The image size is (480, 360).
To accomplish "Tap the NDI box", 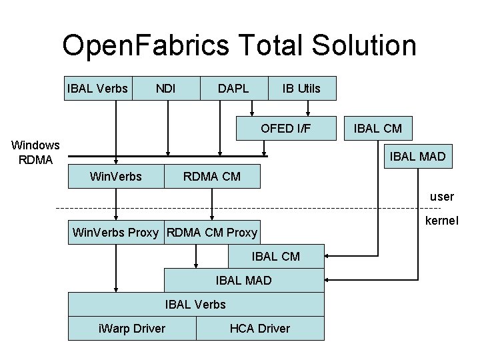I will point(165,88).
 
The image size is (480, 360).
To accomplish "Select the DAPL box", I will point(233,88).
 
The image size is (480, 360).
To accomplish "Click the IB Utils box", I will point(301,88).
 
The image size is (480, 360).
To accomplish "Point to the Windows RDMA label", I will point(35,152).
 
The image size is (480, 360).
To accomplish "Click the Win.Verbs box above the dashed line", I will point(116,177).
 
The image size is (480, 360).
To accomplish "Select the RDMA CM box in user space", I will point(212,177).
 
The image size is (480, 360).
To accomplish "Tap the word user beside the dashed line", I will point(441,197).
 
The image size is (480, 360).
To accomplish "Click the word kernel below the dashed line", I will point(439,220).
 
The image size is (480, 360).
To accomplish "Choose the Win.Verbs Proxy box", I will point(115,233).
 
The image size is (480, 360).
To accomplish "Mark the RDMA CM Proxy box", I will point(212,233).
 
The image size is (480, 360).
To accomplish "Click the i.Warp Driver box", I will point(132,328).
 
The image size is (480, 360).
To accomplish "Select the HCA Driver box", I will point(260,328).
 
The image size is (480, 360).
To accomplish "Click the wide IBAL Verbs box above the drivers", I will point(196,304).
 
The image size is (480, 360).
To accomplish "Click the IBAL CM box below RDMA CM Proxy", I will point(276,256).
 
